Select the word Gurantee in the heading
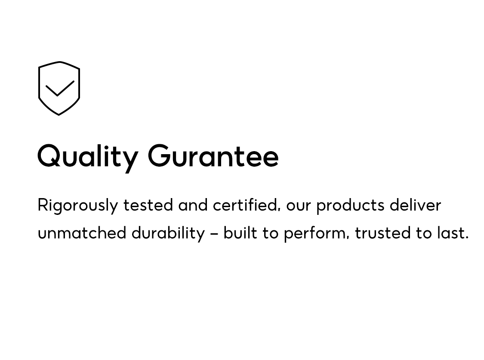[213, 156]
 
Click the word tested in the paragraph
[148, 205]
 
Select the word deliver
[415, 205]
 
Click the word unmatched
[82, 233]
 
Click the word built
[240, 233]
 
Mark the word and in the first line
[193, 205]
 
